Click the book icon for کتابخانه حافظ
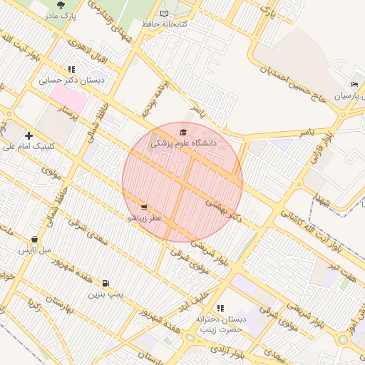[x=165, y=14]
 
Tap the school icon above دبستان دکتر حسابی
[x=71, y=69]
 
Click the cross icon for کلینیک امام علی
[x=29, y=135]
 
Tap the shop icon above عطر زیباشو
[x=145, y=207]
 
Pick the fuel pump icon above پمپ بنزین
[x=106, y=283]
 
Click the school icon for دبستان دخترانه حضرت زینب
[x=220, y=308]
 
